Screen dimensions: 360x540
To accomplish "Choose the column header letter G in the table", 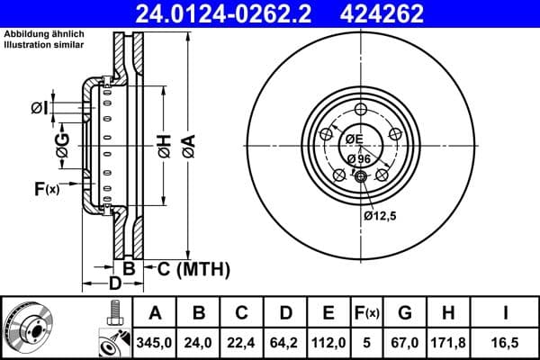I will coord(405,312).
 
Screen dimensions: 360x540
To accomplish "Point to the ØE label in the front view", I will coord(354,139).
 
